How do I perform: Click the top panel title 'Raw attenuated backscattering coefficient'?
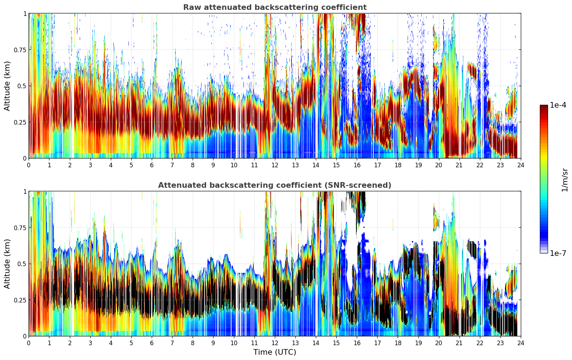coord(275,7)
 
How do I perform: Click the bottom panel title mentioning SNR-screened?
coord(275,185)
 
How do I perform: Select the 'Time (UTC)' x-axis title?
coord(275,352)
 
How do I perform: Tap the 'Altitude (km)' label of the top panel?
coord(7,86)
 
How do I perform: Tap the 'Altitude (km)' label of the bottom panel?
coord(7,264)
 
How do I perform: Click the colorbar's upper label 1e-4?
coord(558,105)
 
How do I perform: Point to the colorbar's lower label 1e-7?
coord(558,253)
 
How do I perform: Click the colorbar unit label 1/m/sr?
coord(564,179)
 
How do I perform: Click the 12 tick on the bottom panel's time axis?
coord(275,343)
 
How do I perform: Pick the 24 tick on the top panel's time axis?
coord(521,165)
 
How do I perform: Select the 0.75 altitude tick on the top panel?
coord(20,50)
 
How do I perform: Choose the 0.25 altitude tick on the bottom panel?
coord(20,300)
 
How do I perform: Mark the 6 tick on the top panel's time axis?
coord(152,165)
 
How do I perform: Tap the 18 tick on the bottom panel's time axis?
coord(398,343)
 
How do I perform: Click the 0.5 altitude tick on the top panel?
coord(22,86)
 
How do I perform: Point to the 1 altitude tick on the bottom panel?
coord(25,192)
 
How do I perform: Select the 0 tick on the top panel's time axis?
coord(29,165)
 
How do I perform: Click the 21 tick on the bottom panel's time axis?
coord(459,343)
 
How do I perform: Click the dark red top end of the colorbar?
coord(543,107)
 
